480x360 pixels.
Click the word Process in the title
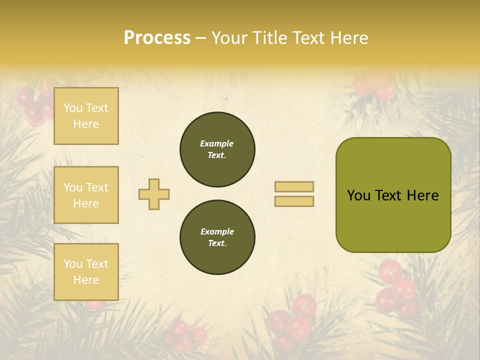(x=157, y=38)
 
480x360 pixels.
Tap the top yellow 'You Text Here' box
(x=86, y=116)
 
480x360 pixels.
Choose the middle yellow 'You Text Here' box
(x=86, y=195)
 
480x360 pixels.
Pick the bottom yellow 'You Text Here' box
(x=86, y=271)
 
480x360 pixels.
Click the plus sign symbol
(x=154, y=194)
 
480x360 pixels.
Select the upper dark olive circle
(x=217, y=149)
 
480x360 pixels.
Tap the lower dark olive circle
(x=217, y=237)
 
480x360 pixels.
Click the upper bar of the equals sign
(x=294, y=186)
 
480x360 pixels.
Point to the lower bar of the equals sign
(x=294, y=201)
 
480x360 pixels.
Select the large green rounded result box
(x=393, y=220)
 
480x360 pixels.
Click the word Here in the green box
(x=422, y=195)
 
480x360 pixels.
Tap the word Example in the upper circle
(x=217, y=143)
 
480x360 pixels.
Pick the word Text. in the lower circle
(x=217, y=243)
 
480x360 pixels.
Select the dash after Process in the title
(x=200, y=38)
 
